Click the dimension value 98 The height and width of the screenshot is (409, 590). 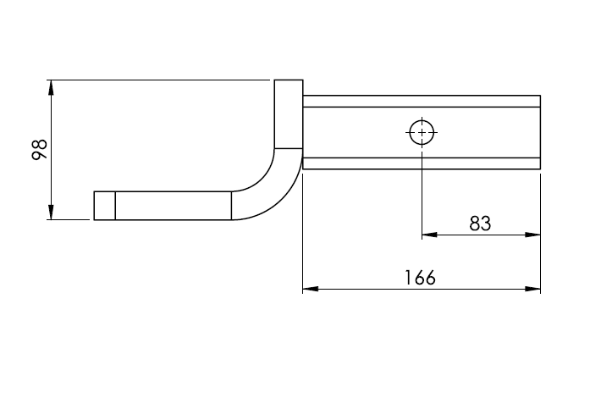pyautogui.click(x=38, y=150)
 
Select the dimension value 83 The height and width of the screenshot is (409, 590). pyautogui.click(x=480, y=224)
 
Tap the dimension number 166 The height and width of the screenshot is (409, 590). pyautogui.click(x=420, y=278)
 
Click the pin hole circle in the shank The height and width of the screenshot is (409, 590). pyautogui.click(x=422, y=132)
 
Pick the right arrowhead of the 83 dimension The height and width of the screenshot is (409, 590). pyautogui.click(x=532, y=235)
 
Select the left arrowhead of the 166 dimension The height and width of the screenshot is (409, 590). pyautogui.click(x=311, y=290)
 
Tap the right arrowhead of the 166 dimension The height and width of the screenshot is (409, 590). pyautogui.click(x=532, y=290)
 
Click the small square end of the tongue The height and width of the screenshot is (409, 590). pyautogui.click(x=104, y=206)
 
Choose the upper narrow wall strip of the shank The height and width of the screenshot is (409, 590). pyautogui.click(x=421, y=101)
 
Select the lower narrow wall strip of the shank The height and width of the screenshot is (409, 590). pyautogui.click(x=421, y=163)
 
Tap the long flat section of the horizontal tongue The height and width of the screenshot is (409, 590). pyautogui.click(x=173, y=206)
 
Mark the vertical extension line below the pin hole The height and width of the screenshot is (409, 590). pyautogui.click(x=422, y=195)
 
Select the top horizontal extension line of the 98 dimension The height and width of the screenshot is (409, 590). pyautogui.click(x=161, y=80)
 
